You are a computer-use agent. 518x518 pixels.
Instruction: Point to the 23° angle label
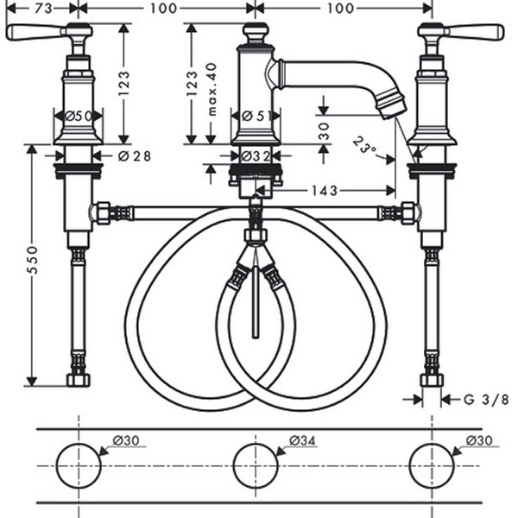pyautogui.click(x=367, y=143)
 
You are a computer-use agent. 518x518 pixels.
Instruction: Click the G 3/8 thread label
pyautogui.click(x=486, y=400)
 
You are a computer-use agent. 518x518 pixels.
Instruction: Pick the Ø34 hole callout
pyautogui.click(x=302, y=441)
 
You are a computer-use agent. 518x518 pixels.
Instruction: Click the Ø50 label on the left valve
pyautogui.click(x=79, y=115)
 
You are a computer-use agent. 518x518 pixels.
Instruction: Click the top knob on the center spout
pyautogui.click(x=255, y=33)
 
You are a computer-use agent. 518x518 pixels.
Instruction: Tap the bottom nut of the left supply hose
pyautogui.click(x=79, y=380)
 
